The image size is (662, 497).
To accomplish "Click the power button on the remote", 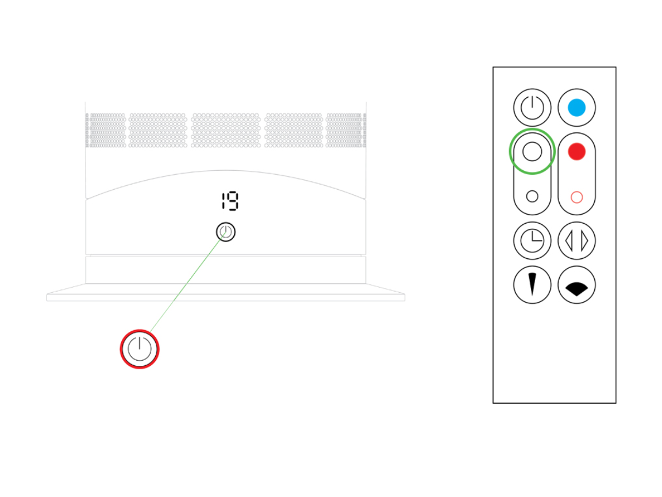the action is [532, 108].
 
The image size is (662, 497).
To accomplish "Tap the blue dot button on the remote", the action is [577, 108].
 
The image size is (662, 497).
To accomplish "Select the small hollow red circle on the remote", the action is [577, 197].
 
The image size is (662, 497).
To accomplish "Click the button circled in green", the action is [532, 151].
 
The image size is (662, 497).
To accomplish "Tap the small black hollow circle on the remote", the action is [532, 196].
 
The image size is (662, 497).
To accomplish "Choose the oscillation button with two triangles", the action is [577, 241].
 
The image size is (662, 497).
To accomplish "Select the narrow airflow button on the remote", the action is [532, 285].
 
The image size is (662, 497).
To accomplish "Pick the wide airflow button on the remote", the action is [577, 285].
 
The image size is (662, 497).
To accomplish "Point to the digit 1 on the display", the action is [224, 201].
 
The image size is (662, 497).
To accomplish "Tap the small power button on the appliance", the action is [225, 232].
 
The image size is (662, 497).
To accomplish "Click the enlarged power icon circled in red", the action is [140, 349].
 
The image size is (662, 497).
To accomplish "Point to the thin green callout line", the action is [187, 282].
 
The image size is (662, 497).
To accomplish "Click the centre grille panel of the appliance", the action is [225, 130].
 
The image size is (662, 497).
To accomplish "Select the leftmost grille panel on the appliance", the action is [106, 130].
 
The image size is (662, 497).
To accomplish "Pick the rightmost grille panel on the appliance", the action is [346, 130].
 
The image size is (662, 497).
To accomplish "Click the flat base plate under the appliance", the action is [225, 292].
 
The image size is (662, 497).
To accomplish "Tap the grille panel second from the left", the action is [157, 130].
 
